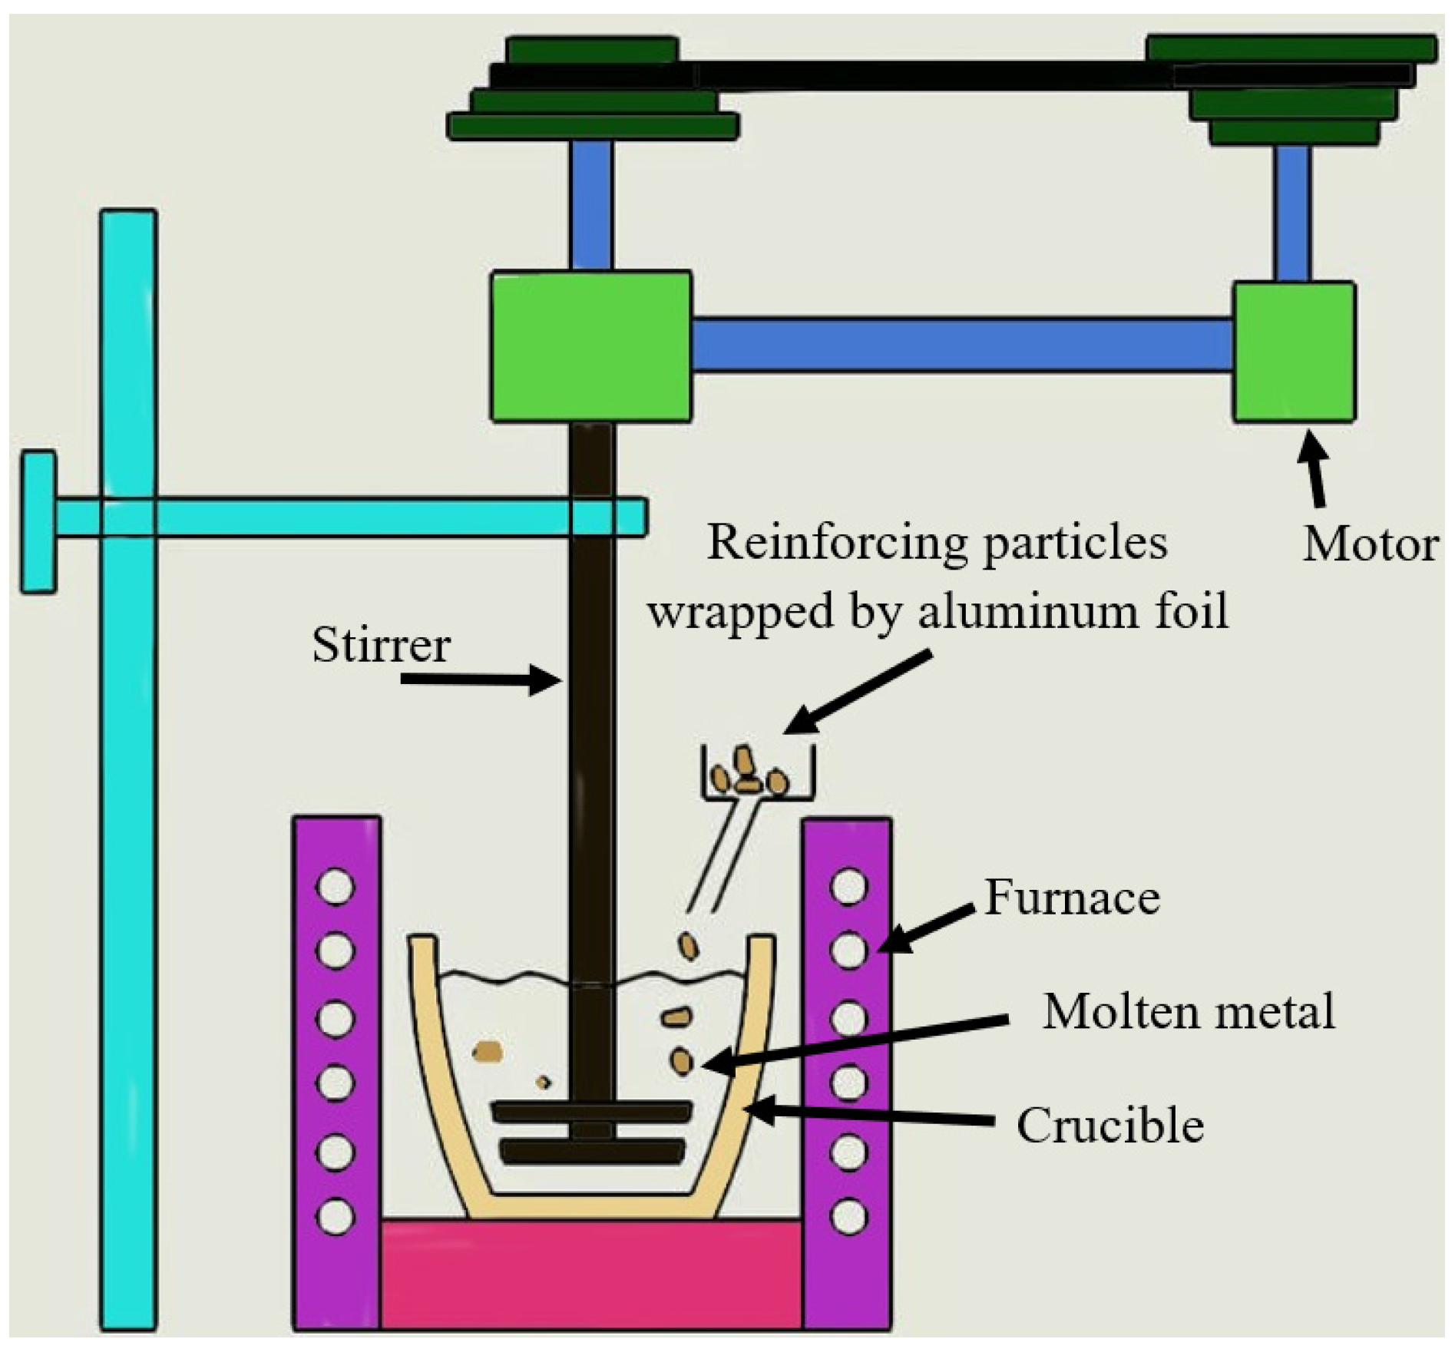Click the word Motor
(x=1370, y=545)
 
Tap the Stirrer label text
(x=381, y=645)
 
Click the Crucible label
(x=1110, y=1126)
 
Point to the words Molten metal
(x=1189, y=1011)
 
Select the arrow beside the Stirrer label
(x=480, y=679)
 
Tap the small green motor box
(x=1294, y=352)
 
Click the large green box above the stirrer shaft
(x=590, y=347)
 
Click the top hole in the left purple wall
(x=336, y=887)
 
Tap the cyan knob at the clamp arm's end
(x=38, y=521)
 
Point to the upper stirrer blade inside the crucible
(x=591, y=1111)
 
